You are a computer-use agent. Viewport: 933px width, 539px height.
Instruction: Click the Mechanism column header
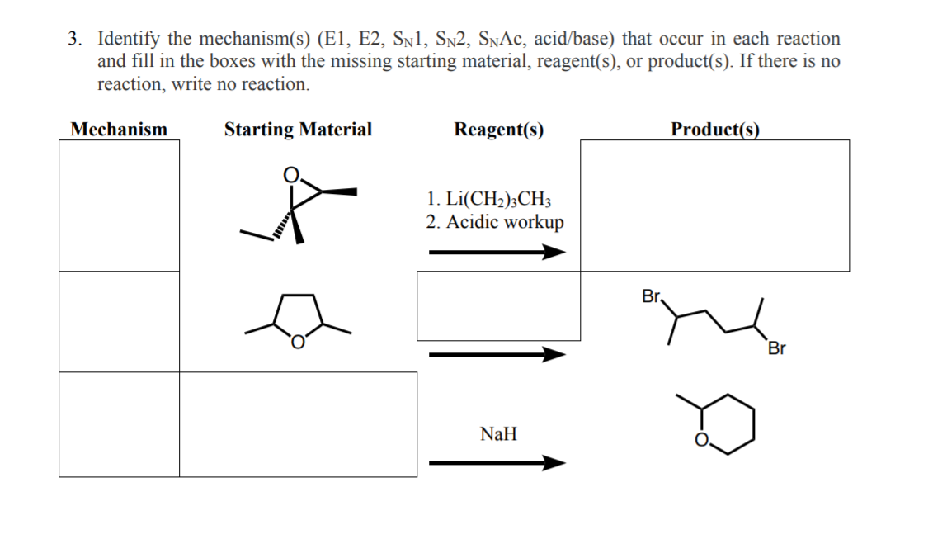(x=119, y=130)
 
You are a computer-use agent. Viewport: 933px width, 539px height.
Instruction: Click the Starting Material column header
(x=298, y=130)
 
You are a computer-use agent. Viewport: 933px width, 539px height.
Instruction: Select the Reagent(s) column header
(x=498, y=130)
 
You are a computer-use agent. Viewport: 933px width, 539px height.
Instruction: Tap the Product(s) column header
(x=714, y=130)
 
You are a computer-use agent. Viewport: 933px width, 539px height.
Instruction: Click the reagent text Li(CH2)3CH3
(x=496, y=200)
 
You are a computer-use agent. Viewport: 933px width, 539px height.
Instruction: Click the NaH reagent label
(x=498, y=433)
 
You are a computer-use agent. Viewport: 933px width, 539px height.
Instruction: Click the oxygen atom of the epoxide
(x=290, y=175)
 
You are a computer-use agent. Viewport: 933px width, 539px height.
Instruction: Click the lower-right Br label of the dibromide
(x=775, y=348)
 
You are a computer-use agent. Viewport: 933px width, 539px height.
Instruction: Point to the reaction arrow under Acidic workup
(x=497, y=253)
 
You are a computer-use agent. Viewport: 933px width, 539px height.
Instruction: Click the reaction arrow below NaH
(x=497, y=463)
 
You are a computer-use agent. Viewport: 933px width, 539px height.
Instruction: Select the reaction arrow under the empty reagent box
(x=497, y=355)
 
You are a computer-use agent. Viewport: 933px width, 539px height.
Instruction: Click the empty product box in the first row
(x=714, y=206)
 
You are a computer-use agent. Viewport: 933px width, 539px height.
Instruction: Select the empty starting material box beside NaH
(x=298, y=424)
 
